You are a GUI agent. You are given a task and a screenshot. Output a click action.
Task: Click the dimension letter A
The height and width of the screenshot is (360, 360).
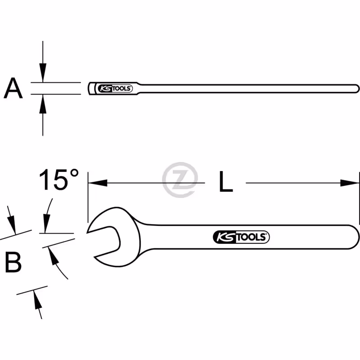point(13,88)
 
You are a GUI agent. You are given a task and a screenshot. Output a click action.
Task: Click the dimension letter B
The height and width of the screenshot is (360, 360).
point(13,262)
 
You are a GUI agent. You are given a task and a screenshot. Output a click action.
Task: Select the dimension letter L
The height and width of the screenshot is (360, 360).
point(226,181)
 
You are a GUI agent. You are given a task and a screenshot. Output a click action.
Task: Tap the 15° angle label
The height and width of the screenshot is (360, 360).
point(59,179)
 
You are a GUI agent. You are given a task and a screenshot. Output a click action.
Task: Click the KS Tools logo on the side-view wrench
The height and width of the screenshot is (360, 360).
point(115,88)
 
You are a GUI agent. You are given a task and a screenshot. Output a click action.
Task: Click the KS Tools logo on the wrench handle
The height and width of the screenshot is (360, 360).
point(241,237)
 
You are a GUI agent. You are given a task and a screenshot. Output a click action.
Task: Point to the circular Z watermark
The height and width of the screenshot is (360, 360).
point(180,180)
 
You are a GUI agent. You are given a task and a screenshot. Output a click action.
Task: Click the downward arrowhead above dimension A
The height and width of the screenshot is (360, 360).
point(43,72)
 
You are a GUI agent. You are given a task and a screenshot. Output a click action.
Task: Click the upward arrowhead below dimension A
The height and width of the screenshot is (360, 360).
point(43,104)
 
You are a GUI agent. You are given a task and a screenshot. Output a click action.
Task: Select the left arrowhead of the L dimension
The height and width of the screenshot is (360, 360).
point(98,183)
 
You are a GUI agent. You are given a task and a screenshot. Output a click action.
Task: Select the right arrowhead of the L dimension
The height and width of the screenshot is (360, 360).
point(350,183)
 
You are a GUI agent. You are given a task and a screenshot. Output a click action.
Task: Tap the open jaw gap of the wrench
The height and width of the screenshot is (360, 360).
point(104,241)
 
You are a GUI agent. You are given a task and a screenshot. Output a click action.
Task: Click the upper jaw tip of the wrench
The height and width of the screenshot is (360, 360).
point(87,232)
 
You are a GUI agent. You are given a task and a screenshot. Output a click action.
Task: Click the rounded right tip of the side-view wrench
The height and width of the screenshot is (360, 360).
point(357,89)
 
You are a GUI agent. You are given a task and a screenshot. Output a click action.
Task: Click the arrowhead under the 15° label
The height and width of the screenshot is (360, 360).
point(47,224)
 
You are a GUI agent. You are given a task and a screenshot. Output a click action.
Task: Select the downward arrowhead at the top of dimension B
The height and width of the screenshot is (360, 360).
point(12,225)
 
